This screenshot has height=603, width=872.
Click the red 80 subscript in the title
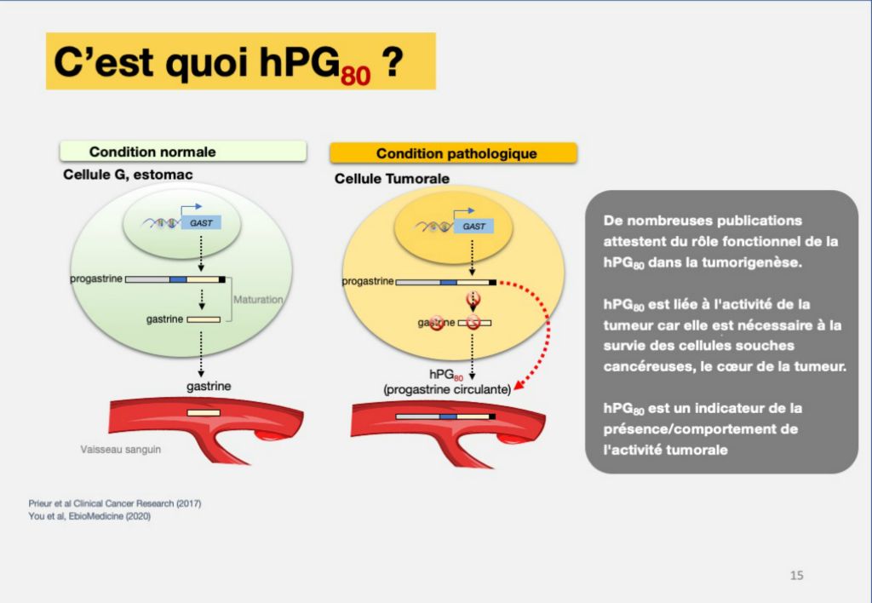click(x=356, y=75)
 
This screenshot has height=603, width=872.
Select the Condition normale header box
click(x=183, y=152)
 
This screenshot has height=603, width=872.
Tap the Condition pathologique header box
click(x=453, y=153)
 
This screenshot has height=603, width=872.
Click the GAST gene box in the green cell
click(x=201, y=222)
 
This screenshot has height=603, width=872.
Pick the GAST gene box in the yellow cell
click(x=473, y=226)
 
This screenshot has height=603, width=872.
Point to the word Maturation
click(x=258, y=299)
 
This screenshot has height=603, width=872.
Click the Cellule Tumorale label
click(x=392, y=179)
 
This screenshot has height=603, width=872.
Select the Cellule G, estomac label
click(x=128, y=175)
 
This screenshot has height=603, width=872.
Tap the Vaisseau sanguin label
click(x=121, y=449)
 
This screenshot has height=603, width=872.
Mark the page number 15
click(x=796, y=575)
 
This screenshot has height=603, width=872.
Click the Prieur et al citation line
click(x=115, y=503)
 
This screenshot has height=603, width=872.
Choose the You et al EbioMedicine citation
click(x=89, y=516)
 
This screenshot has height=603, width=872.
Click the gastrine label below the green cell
click(x=209, y=386)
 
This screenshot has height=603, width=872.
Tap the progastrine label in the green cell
click(x=96, y=279)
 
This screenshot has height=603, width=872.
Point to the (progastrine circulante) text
click(x=447, y=389)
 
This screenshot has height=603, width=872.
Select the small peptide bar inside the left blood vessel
click(x=204, y=413)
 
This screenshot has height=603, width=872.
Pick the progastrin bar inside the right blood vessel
click(x=445, y=416)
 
